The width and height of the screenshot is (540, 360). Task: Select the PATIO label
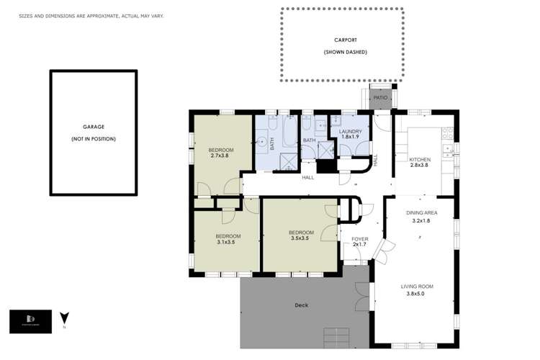[x=380, y=97]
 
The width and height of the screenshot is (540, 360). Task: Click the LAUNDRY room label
[x=350, y=131]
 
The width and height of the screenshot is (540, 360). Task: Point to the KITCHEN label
[x=420, y=159]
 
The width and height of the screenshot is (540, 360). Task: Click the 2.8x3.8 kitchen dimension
[x=419, y=165]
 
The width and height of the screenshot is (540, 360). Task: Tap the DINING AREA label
[x=421, y=212]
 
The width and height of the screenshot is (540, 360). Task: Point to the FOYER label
[x=359, y=238]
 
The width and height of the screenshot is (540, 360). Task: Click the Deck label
[x=301, y=305]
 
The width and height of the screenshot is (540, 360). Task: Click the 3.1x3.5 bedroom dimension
[x=227, y=242]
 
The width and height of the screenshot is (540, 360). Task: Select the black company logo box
[x=30, y=321]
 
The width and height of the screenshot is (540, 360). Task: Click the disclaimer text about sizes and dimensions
[x=91, y=15]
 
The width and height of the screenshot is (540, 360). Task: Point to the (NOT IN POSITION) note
[x=93, y=138]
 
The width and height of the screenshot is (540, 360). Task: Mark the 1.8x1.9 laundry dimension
[x=350, y=137]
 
